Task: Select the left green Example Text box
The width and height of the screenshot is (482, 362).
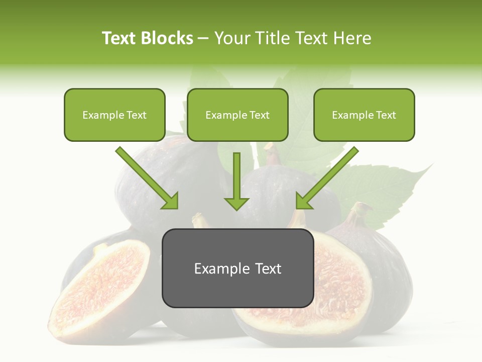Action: pos(114,115)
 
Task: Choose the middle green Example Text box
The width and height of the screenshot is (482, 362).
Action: pos(237,115)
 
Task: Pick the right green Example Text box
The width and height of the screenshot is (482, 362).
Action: pos(364,115)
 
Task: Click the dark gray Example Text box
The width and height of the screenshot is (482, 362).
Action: pos(237,268)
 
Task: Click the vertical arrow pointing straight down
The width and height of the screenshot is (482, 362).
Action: pos(236,181)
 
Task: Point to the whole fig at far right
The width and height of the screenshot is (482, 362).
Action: pos(387,271)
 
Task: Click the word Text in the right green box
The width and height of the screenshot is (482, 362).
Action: pos(386,115)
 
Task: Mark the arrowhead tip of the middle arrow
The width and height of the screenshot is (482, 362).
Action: pos(236,209)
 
